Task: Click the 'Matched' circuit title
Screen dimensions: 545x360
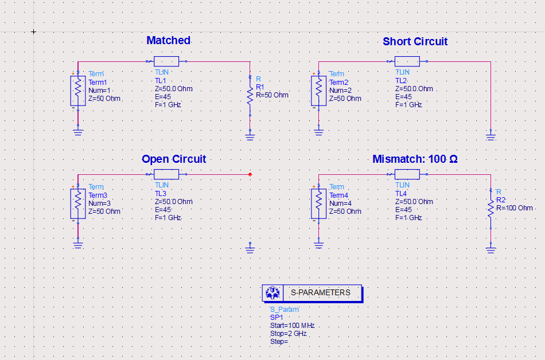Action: (x=168, y=40)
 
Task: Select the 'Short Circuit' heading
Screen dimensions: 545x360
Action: (x=415, y=41)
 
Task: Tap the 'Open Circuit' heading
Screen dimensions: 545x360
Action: (x=174, y=159)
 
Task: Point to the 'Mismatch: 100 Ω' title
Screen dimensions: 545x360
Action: (x=415, y=159)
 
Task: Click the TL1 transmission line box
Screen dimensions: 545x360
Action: (x=166, y=61)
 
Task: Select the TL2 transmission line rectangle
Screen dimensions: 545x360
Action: (x=407, y=61)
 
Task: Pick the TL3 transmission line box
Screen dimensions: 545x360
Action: (x=166, y=174)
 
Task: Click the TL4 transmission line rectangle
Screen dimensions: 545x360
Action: (x=407, y=174)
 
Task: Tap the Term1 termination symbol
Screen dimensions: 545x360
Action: (x=78, y=91)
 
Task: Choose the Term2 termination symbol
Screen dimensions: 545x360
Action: (x=319, y=91)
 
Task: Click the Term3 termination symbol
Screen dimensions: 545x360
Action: (x=78, y=204)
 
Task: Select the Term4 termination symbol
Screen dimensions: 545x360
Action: (x=319, y=204)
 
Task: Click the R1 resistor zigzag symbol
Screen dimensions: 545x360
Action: (x=250, y=96)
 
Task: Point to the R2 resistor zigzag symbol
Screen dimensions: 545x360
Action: (x=490, y=208)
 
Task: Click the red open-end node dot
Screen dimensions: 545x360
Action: (x=250, y=174)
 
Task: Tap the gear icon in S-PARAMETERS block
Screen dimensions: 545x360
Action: (x=272, y=293)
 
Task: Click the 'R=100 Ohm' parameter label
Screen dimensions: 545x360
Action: (x=515, y=208)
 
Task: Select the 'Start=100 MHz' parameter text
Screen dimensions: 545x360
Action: (x=293, y=326)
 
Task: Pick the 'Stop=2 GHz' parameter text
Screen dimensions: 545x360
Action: (x=289, y=334)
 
